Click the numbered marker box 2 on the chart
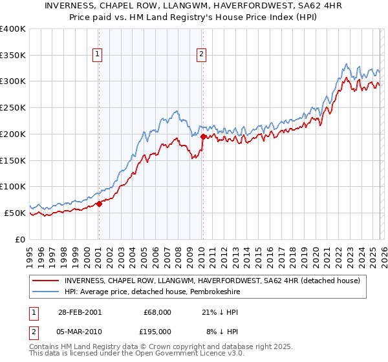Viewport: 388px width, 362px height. point(202,55)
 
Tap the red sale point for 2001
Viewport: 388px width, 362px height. point(99,204)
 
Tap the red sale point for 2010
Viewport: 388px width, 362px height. point(203,137)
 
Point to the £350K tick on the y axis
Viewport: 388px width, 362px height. point(13,56)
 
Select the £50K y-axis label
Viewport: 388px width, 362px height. point(14,213)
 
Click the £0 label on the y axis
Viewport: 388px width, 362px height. point(21,239)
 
